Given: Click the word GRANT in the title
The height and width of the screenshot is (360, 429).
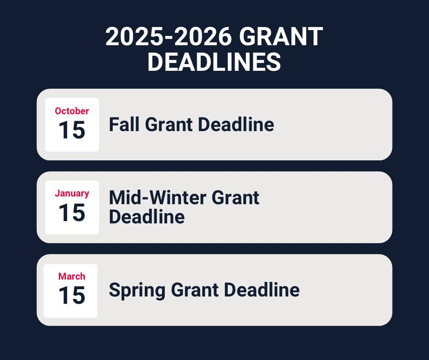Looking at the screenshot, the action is pyautogui.click(x=281, y=37).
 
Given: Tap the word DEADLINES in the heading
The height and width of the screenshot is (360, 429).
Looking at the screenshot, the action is pyautogui.click(x=214, y=62).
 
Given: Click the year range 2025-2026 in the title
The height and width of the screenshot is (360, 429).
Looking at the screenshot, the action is pyautogui.click(x=168, y=37).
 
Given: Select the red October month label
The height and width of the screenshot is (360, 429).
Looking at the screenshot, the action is pyautogui.click(x=72, y=111).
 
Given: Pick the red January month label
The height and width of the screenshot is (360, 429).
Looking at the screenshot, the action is pyautogui.click(x=72, y=193).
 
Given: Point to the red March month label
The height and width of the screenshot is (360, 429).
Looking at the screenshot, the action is pyautogui.click(x=72, y=276).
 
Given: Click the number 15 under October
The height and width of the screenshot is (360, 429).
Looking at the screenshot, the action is pyautogui.click(x=72, y=130).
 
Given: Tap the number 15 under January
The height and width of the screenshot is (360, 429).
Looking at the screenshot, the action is pyautogui.click(x=72, y=212).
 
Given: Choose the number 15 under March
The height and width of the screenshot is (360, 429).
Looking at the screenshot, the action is pyautogui.click(x=72, y=295).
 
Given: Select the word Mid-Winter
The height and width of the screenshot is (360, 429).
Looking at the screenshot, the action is pyautogui.click(x=157, y=197).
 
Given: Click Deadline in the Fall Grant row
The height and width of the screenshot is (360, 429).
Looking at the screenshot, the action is pyautogui.click(x=236, y=124).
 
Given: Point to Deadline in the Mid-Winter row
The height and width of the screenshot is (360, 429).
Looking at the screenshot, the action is pyautogui.click(x=147, y=217).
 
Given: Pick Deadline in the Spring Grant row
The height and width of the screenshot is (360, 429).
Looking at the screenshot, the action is pyautogui.click(x=262, y=290).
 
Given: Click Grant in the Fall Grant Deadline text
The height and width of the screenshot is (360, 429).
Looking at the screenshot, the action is pyautogui.click(x=169, y=124).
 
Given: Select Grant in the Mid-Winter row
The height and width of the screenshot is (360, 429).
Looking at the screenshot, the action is pyautogui.click(x=235, y=197).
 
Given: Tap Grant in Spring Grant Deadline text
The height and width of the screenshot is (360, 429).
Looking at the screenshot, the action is pyautogui.click(x=195, y=290).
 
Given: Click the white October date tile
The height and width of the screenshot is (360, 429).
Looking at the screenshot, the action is pyautogui.click(x=72, y=125).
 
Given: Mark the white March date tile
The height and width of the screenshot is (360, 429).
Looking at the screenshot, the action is pyautogui.click(x=71, y=291).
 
